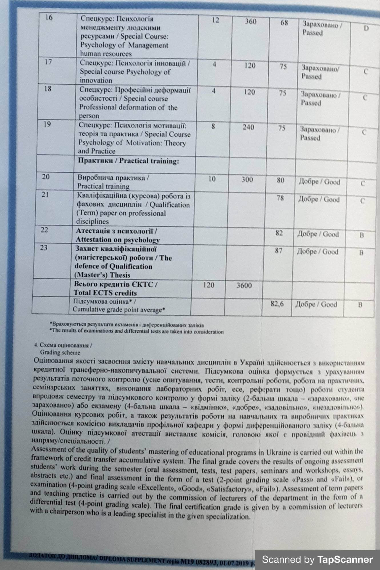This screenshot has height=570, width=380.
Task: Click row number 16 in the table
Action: tap(49, 18)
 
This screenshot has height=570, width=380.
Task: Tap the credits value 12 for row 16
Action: tap(216, 20)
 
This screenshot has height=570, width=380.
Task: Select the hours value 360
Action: tap(251, 21)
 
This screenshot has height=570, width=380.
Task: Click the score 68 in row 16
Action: tap(284, 23)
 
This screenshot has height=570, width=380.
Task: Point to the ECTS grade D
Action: tap(366, 28)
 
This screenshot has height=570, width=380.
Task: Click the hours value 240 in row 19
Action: tap(248, 127)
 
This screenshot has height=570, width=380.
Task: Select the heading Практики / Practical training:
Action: tap(128, 161)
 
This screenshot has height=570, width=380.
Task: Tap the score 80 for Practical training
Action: tap(281, 180)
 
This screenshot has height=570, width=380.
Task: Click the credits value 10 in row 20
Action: tap(212, 179)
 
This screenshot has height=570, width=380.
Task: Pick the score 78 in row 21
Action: tap(280, 198)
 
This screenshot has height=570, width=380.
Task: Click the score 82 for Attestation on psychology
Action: tap(279, 233)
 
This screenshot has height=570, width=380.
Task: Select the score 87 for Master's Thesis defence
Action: tap(279, 251)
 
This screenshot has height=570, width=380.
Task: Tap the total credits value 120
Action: tap(209, 285)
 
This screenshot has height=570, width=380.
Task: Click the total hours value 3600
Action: tap(244, 285)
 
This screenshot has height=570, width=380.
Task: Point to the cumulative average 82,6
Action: tap(277, 304)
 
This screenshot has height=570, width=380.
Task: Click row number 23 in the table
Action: tap(44, 248)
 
